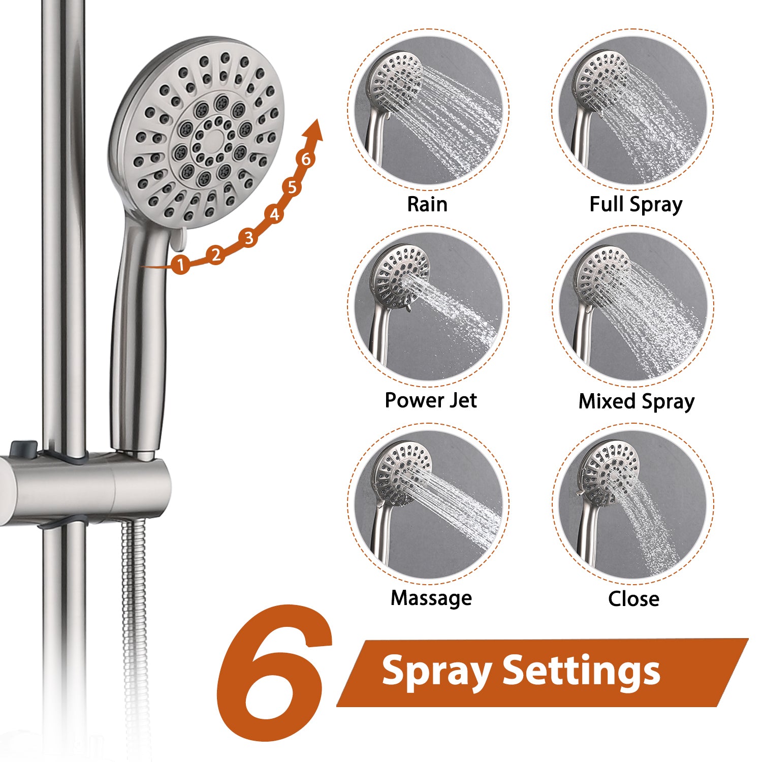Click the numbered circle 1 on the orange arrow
[180, 264]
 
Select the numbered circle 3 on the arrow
[248, 237]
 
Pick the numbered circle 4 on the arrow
[274, 214]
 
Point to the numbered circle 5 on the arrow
[292, 187]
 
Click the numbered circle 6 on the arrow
[306, 159]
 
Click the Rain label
[427, 204]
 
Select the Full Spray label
[636, 204]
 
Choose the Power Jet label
[430, 400]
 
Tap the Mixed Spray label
[636, 401]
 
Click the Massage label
[431, 598]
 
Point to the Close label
[633, 598]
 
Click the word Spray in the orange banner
[436, 672]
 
